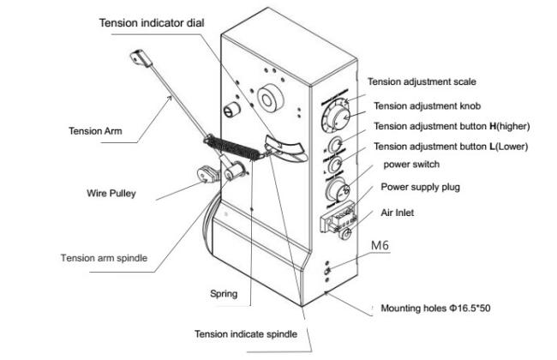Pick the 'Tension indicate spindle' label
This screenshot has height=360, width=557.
247,334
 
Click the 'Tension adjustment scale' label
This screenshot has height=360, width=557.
422,82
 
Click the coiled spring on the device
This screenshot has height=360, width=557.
236,147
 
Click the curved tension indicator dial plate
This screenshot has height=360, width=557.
284,147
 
